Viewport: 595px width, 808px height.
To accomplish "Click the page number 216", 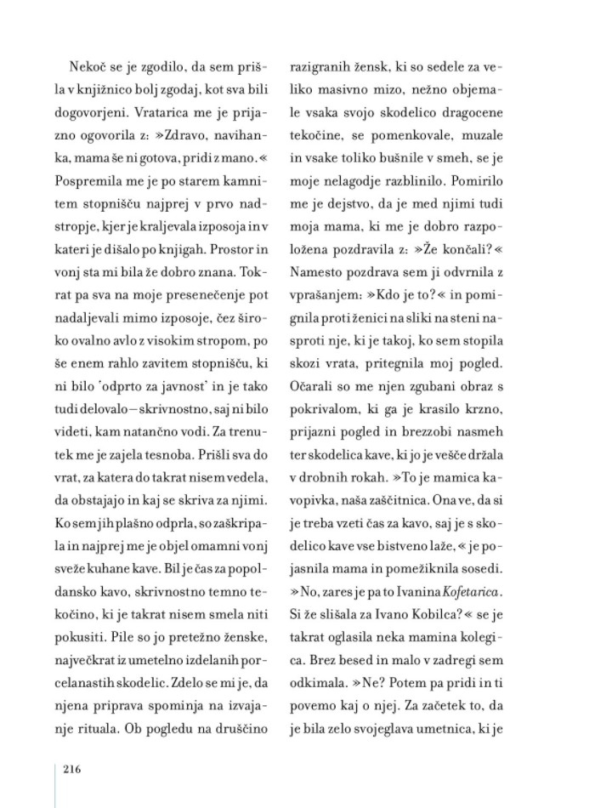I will (71, 771).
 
